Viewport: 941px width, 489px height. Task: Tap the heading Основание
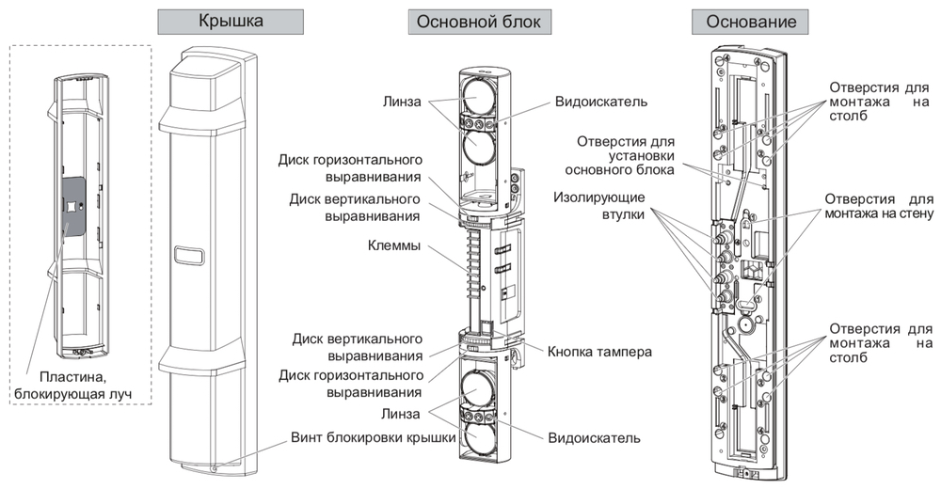pyautogui.click(x=743, y=21)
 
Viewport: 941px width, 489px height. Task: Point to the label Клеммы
pyautogui.click(x=392, y=247)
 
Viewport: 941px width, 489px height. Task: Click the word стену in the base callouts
pyautogui.click(x=910, y=215)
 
